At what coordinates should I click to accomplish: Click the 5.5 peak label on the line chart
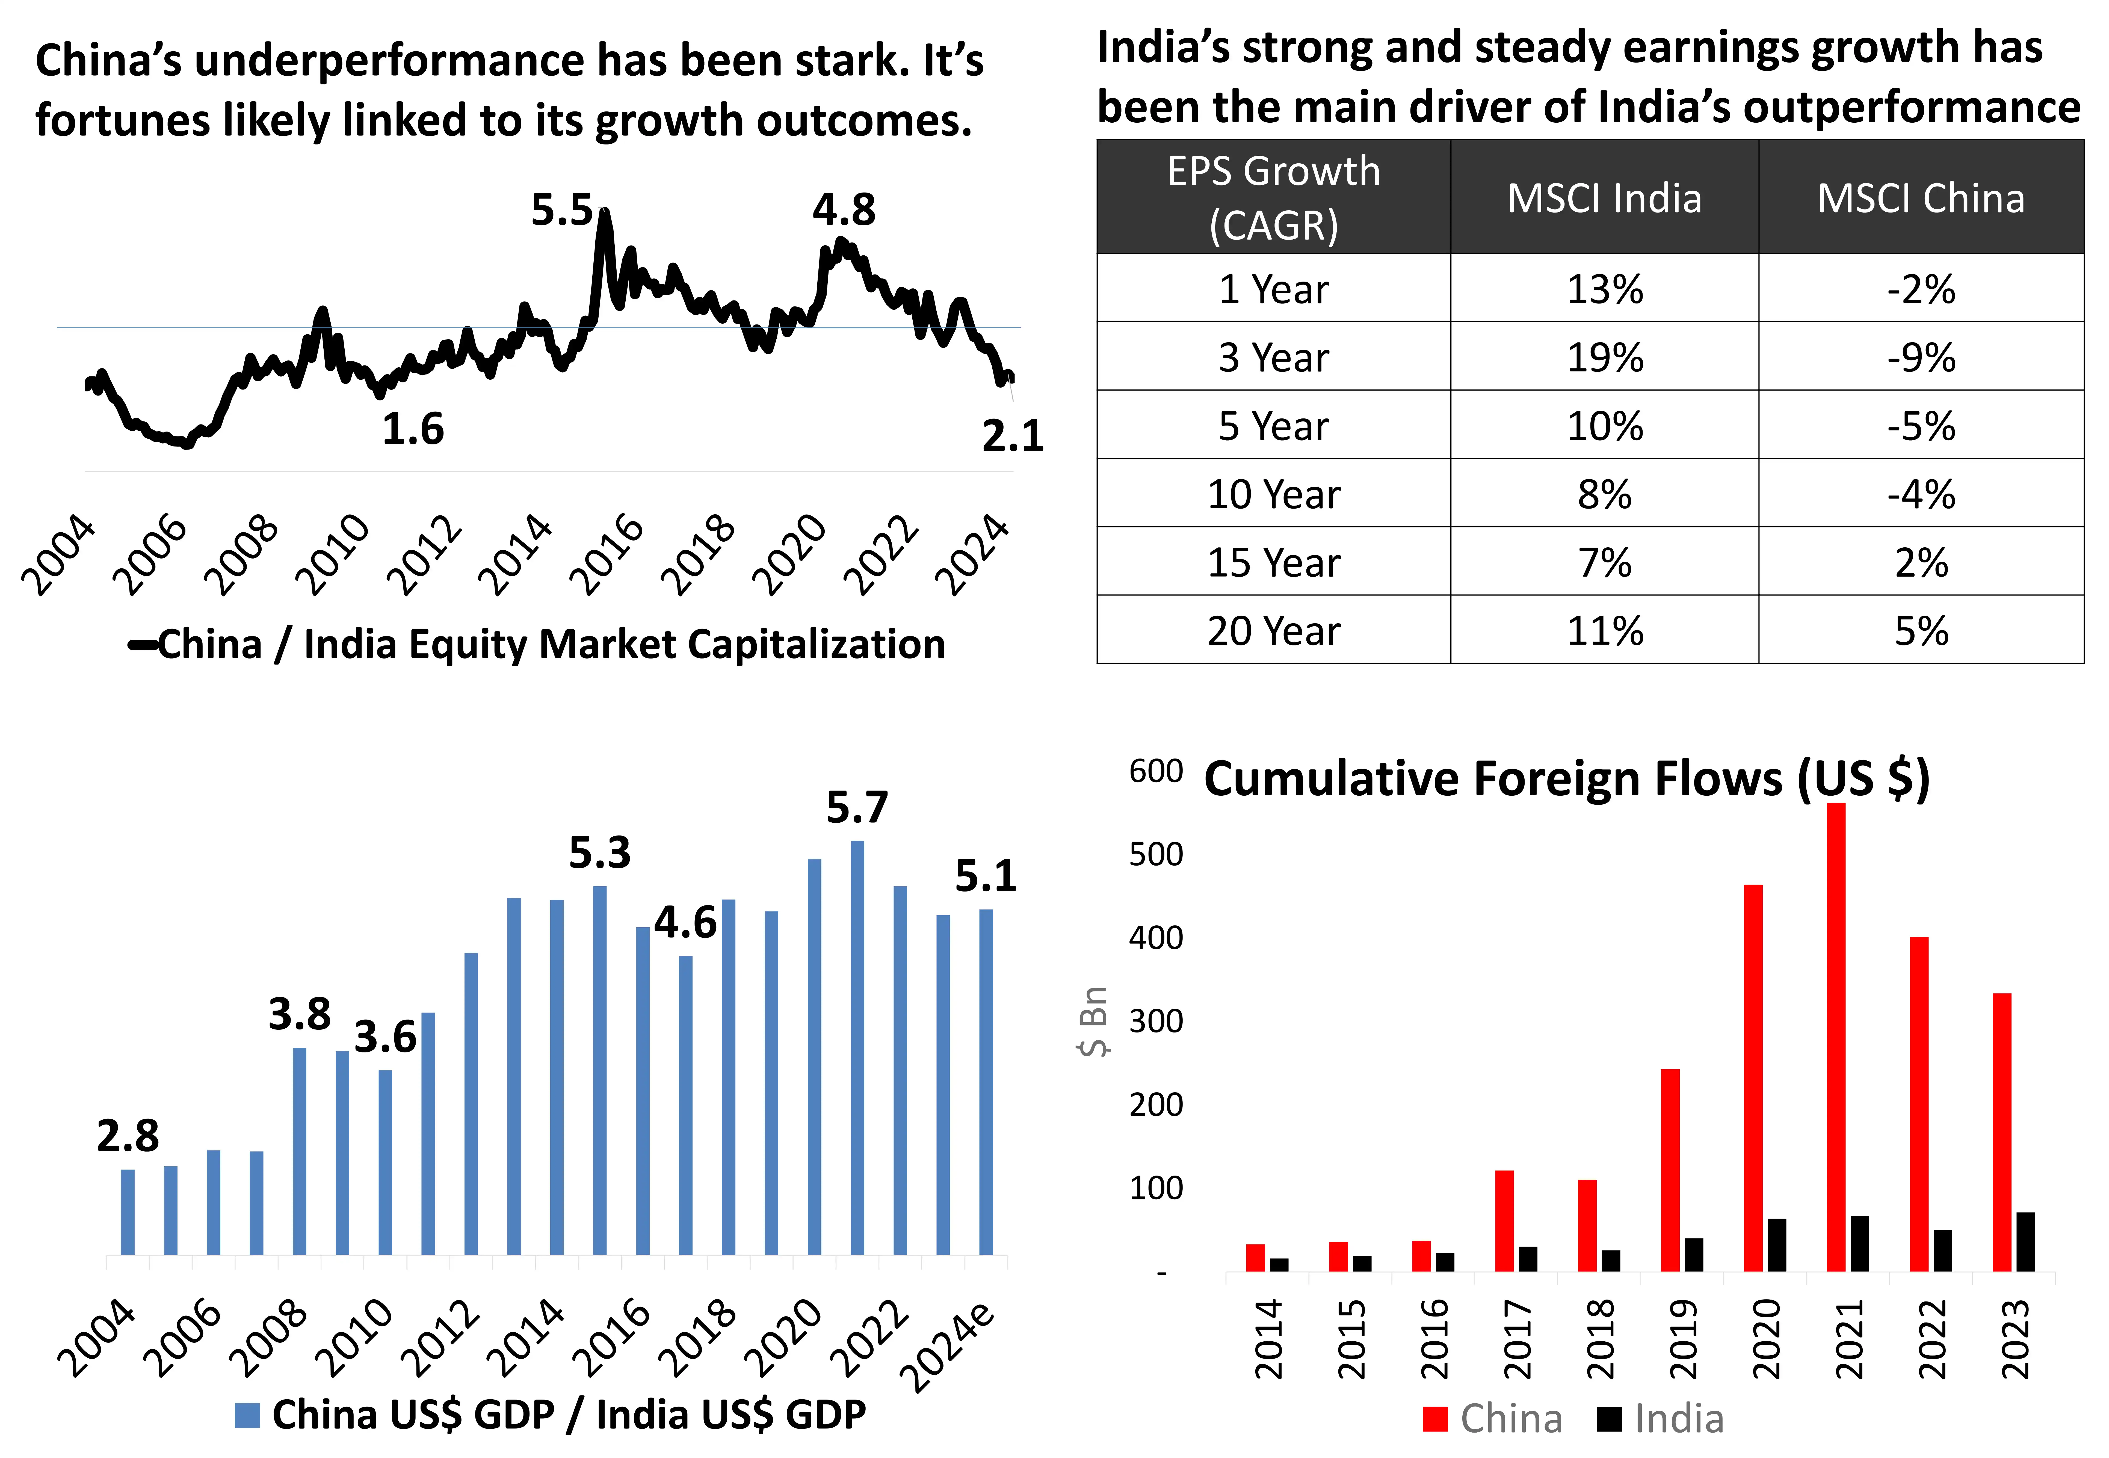(x=562, y=211)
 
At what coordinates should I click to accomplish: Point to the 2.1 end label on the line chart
(x=1012, y=436)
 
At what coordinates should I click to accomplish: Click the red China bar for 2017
(x=1503, y=1220)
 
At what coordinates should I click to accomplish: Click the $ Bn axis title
(x=1093, y=1021)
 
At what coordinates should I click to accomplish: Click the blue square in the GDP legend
(x=247, y=1415)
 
